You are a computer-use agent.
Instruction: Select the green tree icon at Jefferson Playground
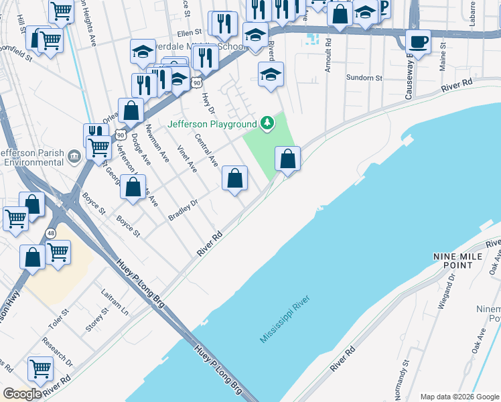coord(267,123)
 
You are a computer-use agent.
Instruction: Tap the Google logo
coord(22,394)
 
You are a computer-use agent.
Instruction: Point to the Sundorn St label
coord(364,78)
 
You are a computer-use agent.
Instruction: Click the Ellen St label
coord(190,32)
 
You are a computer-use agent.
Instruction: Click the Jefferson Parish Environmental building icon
coord(74,156)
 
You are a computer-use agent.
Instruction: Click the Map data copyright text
coord(458,396)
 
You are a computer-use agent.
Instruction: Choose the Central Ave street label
coord(206,151)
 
